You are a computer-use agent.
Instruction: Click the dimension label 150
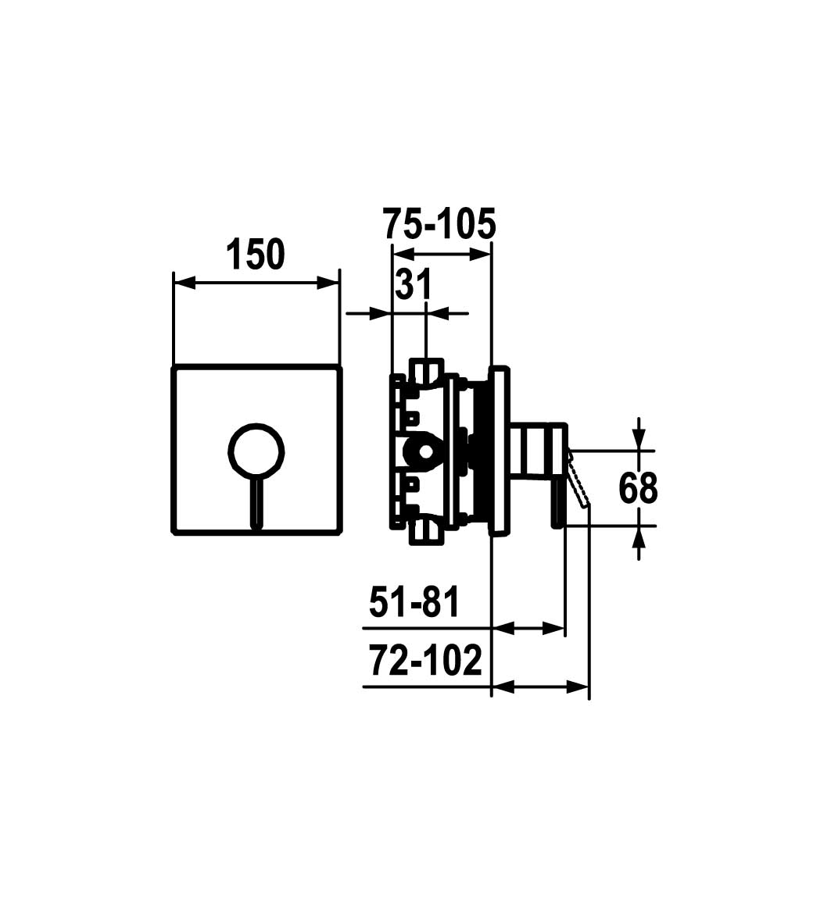pyautogui.click(x=255, y=255)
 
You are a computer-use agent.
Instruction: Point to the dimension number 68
pyautogui.click(x=638, y=487)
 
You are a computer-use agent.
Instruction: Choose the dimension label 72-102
pyautogui.click(x=425, y=661)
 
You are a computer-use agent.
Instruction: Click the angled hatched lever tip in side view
pyautogui.click(x=578, y=479)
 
